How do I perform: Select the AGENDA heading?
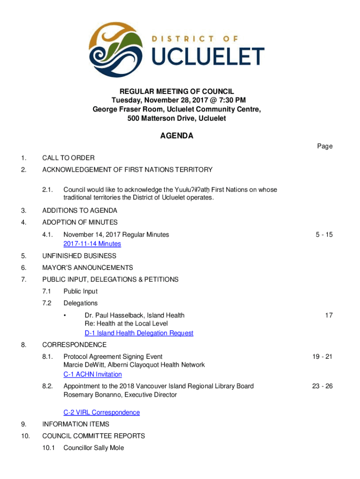pos(177,136)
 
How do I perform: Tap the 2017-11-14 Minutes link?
pos(92,244)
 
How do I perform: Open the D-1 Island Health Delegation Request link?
pos(139,333)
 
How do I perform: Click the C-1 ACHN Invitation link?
pos(93,374)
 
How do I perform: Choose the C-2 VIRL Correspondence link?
pos(101,412)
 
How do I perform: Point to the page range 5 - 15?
pos(323,234)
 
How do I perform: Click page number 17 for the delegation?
pos(329,315)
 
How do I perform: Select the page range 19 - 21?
pos(323,356)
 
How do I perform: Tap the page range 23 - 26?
pos(323,386)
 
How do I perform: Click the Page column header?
pos(324,146)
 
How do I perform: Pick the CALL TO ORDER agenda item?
pos(68,158)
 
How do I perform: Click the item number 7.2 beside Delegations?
pos(46,303)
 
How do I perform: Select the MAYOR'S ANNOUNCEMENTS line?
pos(87,268)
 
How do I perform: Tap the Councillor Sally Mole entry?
pos(94,448)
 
